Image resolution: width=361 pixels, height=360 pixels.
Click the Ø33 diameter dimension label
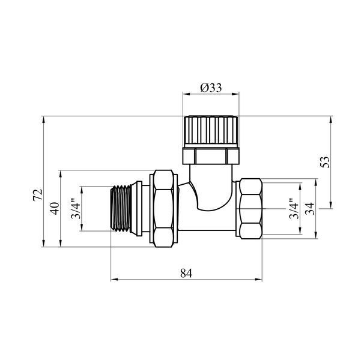click(x=211, y=88)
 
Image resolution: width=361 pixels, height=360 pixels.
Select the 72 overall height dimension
click(x=38, y=195)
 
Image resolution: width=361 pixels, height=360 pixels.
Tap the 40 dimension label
click(x=55, y=208)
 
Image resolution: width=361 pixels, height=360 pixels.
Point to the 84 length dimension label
click(x=186, y=273)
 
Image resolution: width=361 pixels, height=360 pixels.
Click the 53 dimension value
click(x=325, y=162)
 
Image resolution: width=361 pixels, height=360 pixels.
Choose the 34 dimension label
click(x=309, y=209)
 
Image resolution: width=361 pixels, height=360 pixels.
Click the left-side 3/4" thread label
click(x=76, y=208)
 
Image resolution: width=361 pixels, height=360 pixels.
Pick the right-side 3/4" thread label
click(x=294, y=208)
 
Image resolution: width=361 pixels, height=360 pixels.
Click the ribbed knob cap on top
click(x=211, y=131)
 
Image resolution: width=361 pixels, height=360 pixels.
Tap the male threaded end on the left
click(x=121, y=208)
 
